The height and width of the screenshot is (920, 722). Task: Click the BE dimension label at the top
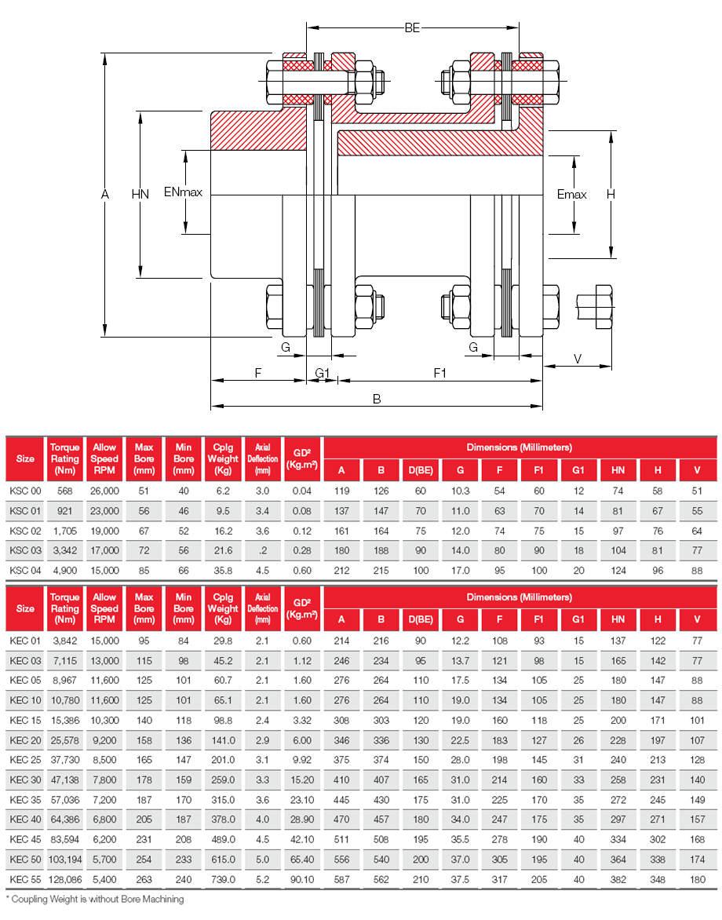(x=413, y=28)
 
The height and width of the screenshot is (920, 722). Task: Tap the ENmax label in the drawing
(x=183, y=192)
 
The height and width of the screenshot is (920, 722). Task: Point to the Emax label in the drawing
(x=571, y=194)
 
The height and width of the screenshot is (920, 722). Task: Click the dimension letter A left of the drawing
(x=105, y=194)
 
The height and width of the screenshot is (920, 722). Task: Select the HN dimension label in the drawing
(x=140, y=194)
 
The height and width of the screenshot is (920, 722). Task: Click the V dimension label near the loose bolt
(x=578, y=358)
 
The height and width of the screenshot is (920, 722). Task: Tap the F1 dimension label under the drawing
(x=439, y=373)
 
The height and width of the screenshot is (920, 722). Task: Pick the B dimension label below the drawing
(x=377, y=399)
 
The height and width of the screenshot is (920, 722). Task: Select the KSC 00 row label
(x=25, y=491)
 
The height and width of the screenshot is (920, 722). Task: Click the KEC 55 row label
(x=25, y=880)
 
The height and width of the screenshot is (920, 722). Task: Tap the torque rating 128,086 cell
(x=65, y=880)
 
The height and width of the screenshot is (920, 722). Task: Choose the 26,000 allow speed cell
(x=104, y=491)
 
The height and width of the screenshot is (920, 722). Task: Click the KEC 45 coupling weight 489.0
(x=223, y=839)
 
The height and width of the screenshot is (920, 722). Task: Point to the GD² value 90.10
(x=302, y=880)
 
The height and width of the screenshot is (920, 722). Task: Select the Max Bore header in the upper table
(x=144, y=458)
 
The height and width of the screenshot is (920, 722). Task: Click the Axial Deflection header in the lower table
(x=262, y=608)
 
